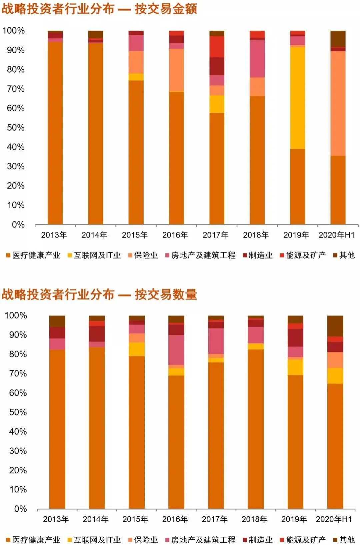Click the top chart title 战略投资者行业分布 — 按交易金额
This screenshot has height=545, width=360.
coord(99,9)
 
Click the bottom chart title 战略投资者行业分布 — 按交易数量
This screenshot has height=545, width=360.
coord(99,294)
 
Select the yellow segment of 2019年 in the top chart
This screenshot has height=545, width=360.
coord(297,98)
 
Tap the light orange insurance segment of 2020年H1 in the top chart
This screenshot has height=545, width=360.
coord(338,103)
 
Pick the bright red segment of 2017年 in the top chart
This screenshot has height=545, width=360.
coord(217,47)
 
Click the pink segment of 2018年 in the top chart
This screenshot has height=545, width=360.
coord(257,59)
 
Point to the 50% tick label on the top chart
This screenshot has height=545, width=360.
coord(16,128)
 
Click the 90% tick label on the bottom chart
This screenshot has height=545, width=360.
coord(18,335)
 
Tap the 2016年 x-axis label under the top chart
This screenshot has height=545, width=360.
coord(175,235)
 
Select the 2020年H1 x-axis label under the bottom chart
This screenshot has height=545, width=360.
coord(334,519)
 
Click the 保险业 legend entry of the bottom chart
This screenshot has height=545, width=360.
coord(143,540)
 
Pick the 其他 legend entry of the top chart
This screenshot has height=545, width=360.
coord(344,256)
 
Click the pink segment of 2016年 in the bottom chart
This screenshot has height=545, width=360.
coord(176,350)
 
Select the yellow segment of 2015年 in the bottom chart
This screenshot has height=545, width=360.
coord(137,349)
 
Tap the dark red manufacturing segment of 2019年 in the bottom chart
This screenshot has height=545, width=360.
coord(295,337)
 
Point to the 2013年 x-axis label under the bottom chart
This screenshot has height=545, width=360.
coord(56,519)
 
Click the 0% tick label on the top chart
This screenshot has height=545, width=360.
coord(18,225)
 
